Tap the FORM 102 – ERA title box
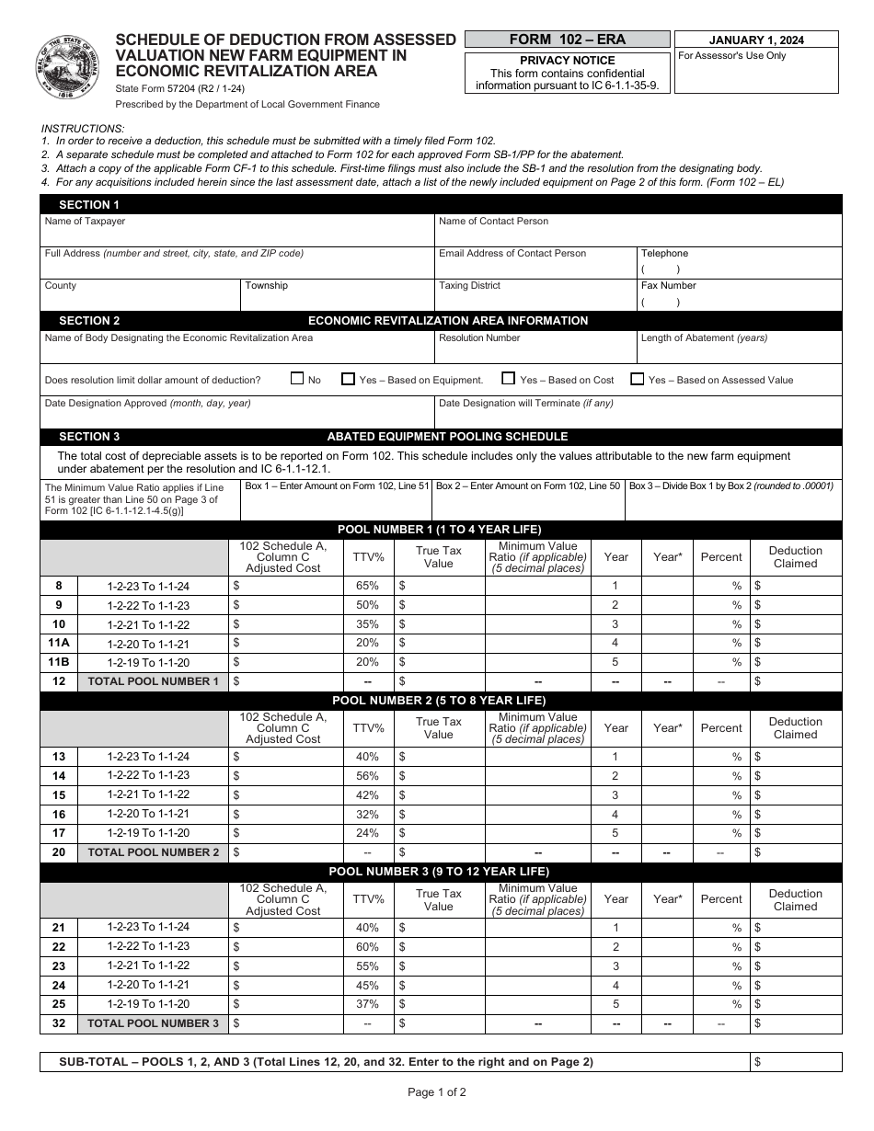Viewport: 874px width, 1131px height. pos(567,40)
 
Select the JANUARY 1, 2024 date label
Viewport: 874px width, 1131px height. pos(756,40)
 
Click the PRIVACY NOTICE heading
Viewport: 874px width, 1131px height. pos(567,61)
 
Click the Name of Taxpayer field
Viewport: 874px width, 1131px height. pos(236,234)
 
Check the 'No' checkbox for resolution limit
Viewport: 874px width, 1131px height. pos(297,379)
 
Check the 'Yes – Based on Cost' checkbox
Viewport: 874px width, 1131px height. pos(508,379)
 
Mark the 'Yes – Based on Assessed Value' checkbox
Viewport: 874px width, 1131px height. pos(637,379)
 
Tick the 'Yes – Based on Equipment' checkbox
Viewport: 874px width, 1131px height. pos(348,379)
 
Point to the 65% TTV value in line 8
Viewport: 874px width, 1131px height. pos(367,587)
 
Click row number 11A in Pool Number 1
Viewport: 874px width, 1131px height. pos(59,644)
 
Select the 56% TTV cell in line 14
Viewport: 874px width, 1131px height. pos(367,776)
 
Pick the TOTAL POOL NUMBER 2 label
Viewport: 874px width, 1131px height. pos(153,852)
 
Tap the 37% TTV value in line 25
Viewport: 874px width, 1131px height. pos(367,1004)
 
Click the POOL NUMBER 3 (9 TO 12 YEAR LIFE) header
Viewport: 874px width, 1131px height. pos(440,872)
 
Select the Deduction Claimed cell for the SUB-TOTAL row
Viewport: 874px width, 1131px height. pos(796,1062)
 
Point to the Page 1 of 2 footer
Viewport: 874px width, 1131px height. pos(437,1093)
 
